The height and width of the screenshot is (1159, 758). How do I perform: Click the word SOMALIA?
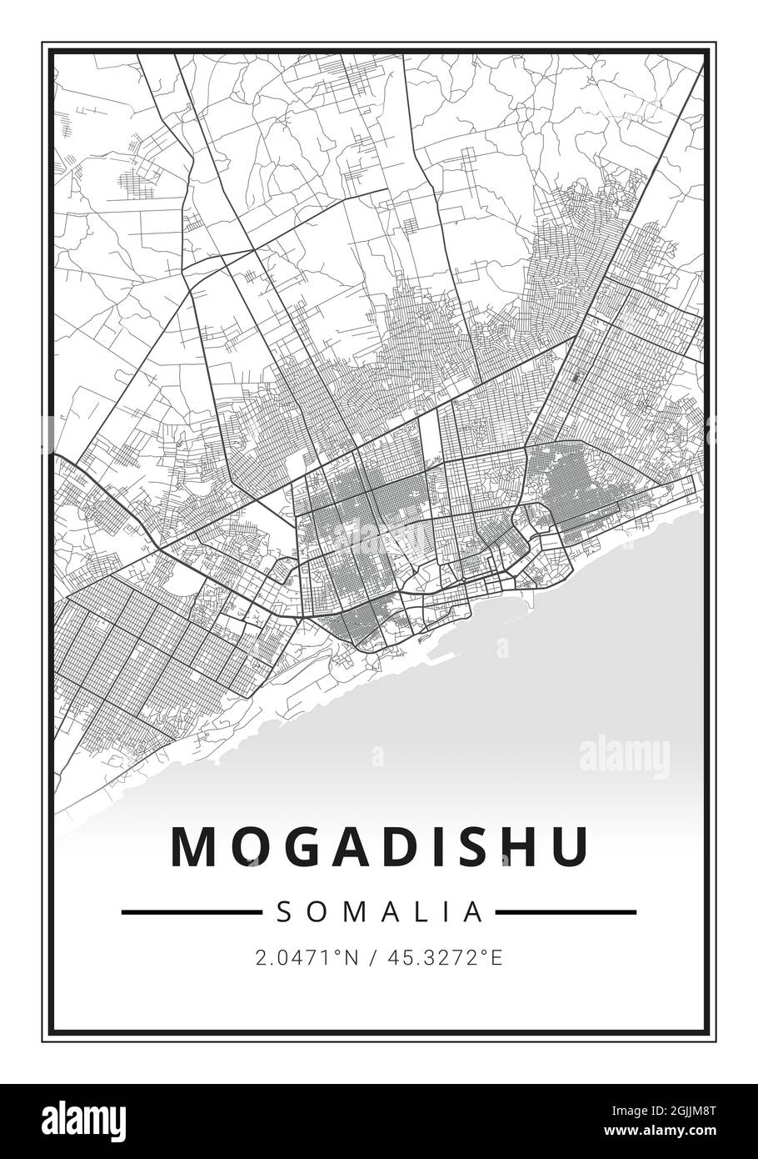click(380, 912)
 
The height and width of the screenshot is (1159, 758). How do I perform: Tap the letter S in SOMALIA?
click(283, 912)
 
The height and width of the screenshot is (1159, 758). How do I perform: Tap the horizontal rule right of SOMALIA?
click(566, 912)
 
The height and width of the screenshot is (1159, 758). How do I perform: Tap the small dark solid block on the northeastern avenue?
click(576, 378)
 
